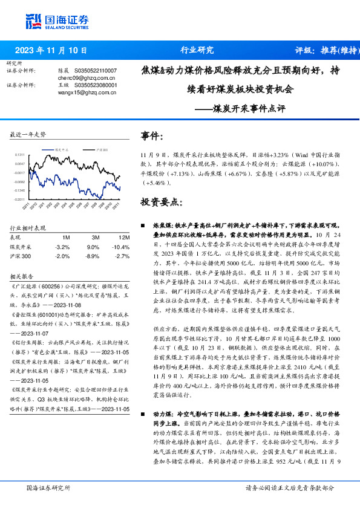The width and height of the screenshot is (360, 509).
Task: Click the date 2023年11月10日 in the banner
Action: click(x=51, y=51)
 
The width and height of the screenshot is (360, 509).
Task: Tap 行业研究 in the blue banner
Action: click(x=197, y=51)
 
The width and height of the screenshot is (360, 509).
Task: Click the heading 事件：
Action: click(x=152, y=136)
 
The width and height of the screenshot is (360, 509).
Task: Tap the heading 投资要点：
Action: click(x=162, y=201)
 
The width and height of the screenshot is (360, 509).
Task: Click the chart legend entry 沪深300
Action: click(x=102, y=148)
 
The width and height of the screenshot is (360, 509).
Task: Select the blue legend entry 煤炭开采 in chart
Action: click(x=62, y=148)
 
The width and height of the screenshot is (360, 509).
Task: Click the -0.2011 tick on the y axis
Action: click(x=21, y=199)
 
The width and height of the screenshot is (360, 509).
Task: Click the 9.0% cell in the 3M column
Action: click(x=93, y=247)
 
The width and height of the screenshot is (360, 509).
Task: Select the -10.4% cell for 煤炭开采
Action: click(x=122, y=247)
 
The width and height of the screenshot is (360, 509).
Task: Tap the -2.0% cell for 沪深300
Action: click(x=62, y=256)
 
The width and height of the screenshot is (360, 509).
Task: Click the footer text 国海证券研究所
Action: click(x=48, y=487)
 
